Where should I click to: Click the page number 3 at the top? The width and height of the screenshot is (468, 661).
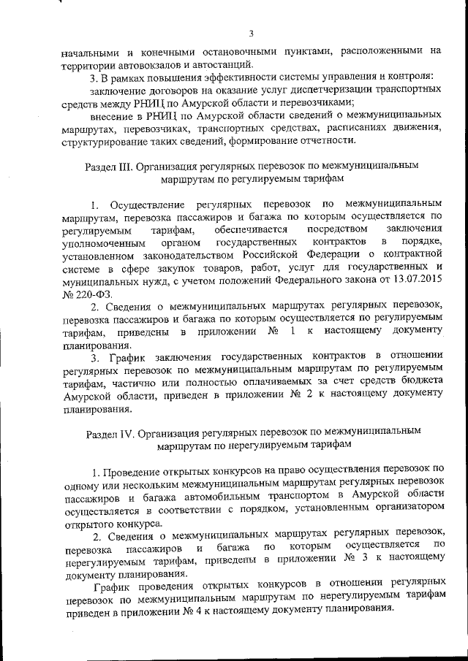point(250,33)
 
